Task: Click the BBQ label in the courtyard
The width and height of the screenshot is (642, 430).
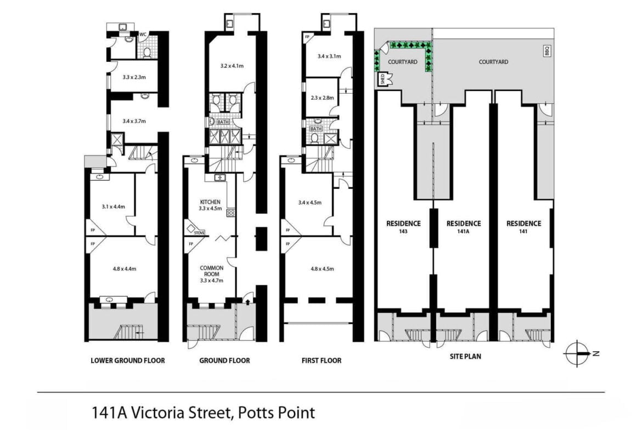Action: [547, 51]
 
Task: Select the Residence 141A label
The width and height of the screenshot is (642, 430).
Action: [464, 227]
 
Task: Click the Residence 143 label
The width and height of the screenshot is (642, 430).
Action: [403, 227]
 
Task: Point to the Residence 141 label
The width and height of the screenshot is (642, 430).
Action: [523, 227]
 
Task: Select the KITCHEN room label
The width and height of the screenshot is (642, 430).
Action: [210, 202]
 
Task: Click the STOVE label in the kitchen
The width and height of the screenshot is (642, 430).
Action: [199, 233]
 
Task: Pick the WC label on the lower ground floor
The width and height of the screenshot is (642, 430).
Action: [143, 35]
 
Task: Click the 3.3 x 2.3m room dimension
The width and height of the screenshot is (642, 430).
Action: [134, 77]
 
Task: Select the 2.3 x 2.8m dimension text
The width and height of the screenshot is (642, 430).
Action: [322, 98]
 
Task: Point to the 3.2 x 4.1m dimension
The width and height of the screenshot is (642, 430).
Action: [232, 66]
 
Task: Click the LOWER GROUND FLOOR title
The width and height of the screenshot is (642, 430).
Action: [128, 360]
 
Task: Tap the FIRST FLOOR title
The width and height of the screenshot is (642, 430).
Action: [322, 360]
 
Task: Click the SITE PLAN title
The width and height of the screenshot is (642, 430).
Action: [465, 357]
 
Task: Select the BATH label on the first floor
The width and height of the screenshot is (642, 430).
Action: [316, 129]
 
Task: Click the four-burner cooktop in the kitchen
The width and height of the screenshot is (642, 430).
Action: [230, 213]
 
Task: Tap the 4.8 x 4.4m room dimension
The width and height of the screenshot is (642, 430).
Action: [125, 269]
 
